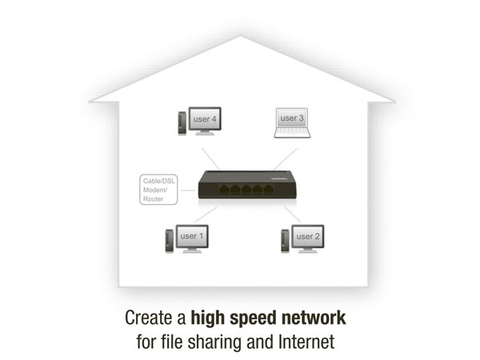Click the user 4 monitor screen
pos(205,118)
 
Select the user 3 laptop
pos(292,122)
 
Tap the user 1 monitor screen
pos(192,236)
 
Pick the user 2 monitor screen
pos(308,236)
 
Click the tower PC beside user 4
pos(182,123)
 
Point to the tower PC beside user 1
pos(170,241)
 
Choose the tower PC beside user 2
pos(285,241)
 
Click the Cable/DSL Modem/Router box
pos(158,190)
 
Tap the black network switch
pos(247,185)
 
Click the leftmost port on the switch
pos(224,190)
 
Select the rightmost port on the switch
pos(269,190)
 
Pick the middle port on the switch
pos(246,190)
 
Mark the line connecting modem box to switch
pos(188,190)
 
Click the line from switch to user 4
pos(210,159)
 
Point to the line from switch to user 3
pos(286,159)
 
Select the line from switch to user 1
pos(206,214)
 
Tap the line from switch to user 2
pos(293,214)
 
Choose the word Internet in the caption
pos(306,342)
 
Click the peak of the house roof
pos(240,35)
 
